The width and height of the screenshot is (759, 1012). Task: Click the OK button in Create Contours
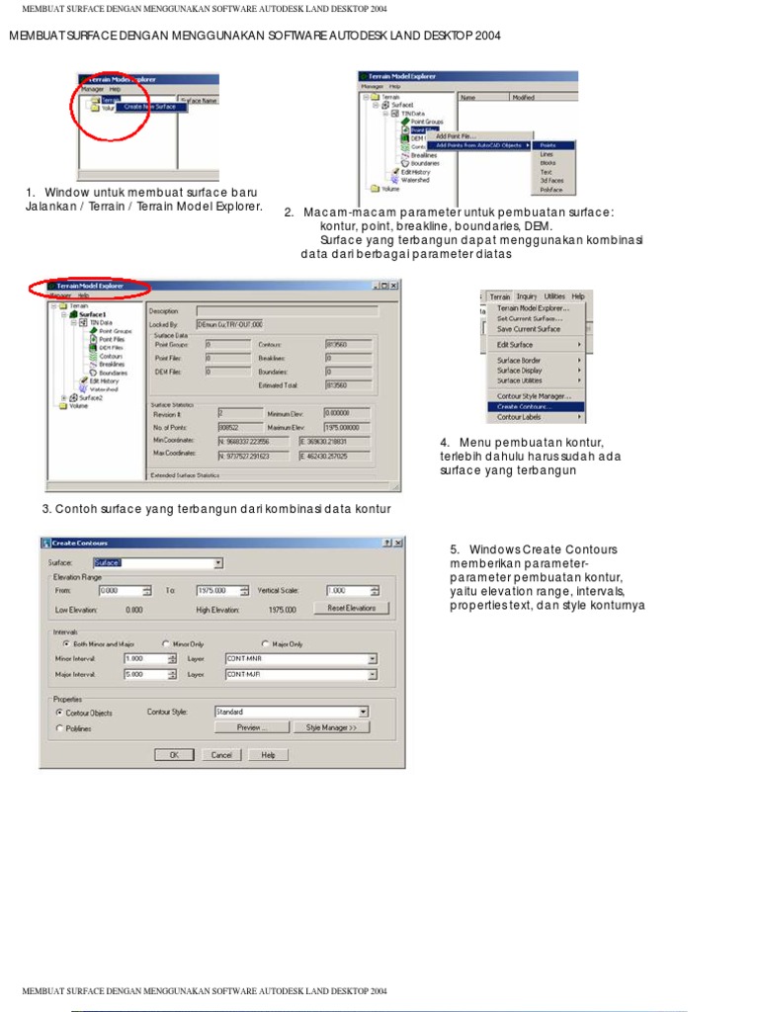click(174, 754)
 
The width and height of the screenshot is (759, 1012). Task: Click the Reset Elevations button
click(351, 608)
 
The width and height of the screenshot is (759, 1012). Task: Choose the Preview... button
click(251, 727)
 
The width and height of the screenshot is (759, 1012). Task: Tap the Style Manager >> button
click(331, 727)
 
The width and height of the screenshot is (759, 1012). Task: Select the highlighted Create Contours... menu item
click(525, 406)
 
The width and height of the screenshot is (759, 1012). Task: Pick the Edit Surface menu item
click(515, 345)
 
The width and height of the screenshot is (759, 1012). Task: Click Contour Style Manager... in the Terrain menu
click(534, 395)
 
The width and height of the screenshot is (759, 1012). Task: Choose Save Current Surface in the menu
click(528, 329)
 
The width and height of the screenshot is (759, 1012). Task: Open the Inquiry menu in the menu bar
click(526, 296)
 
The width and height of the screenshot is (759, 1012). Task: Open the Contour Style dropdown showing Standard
click(291, 712)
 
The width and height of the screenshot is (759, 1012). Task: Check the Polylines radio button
click(59, 728)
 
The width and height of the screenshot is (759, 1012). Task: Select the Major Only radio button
click(266, 643)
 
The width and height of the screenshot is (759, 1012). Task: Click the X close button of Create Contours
click(398, 543)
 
